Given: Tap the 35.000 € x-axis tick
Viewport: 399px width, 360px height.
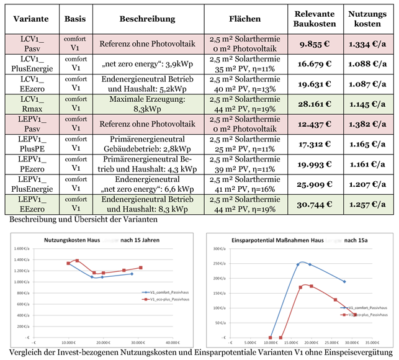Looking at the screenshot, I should point(372,342).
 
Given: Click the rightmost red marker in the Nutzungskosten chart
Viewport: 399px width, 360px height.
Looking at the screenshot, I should point(140,268).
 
